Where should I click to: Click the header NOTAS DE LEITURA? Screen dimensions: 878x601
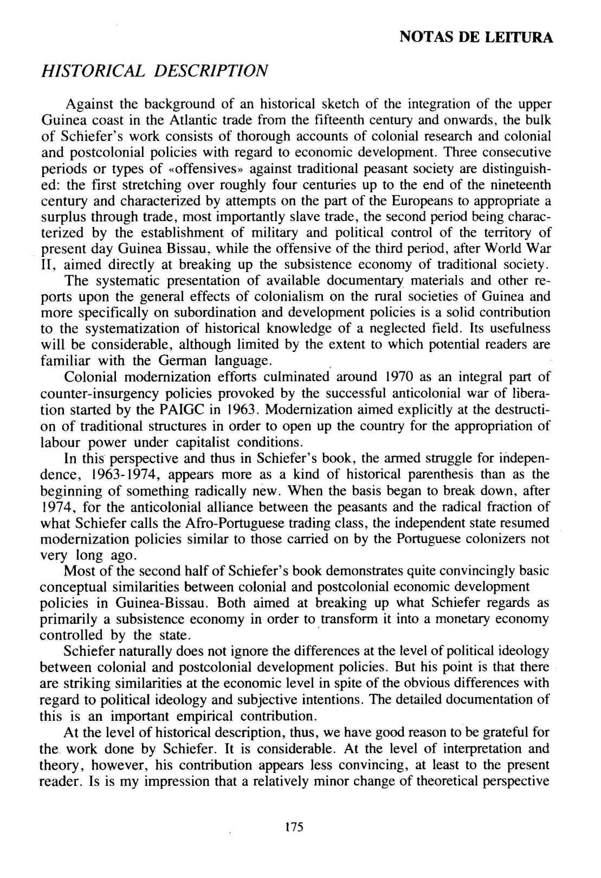476,37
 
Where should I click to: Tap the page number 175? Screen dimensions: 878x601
292,828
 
